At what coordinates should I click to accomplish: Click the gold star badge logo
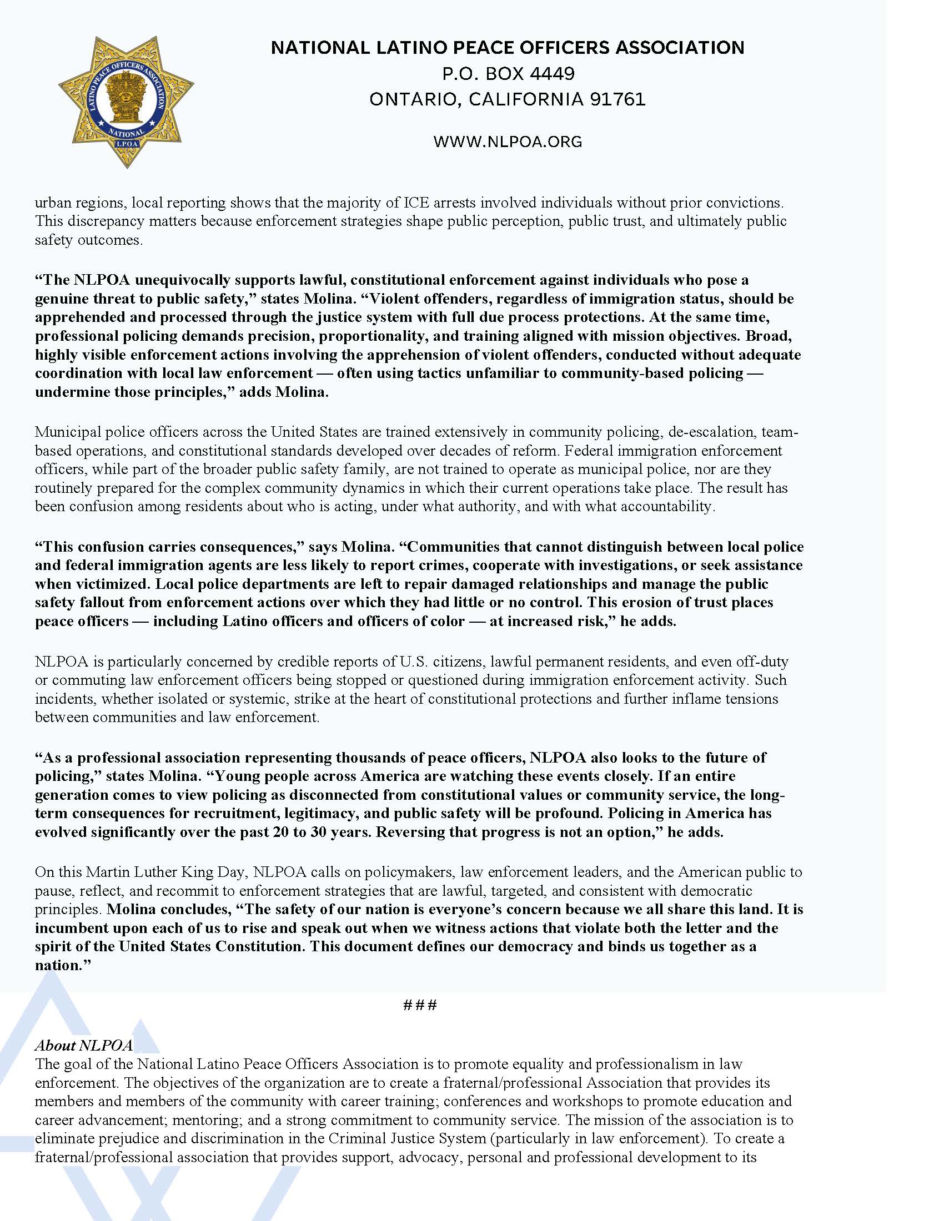[126, 102]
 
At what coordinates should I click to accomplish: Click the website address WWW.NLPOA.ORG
[507, 142]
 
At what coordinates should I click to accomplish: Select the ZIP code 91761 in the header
[617, 99]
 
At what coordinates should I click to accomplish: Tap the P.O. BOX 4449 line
[507, 73]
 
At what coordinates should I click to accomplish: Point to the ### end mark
[419, 1005]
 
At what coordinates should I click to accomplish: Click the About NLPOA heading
[84, 1046]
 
